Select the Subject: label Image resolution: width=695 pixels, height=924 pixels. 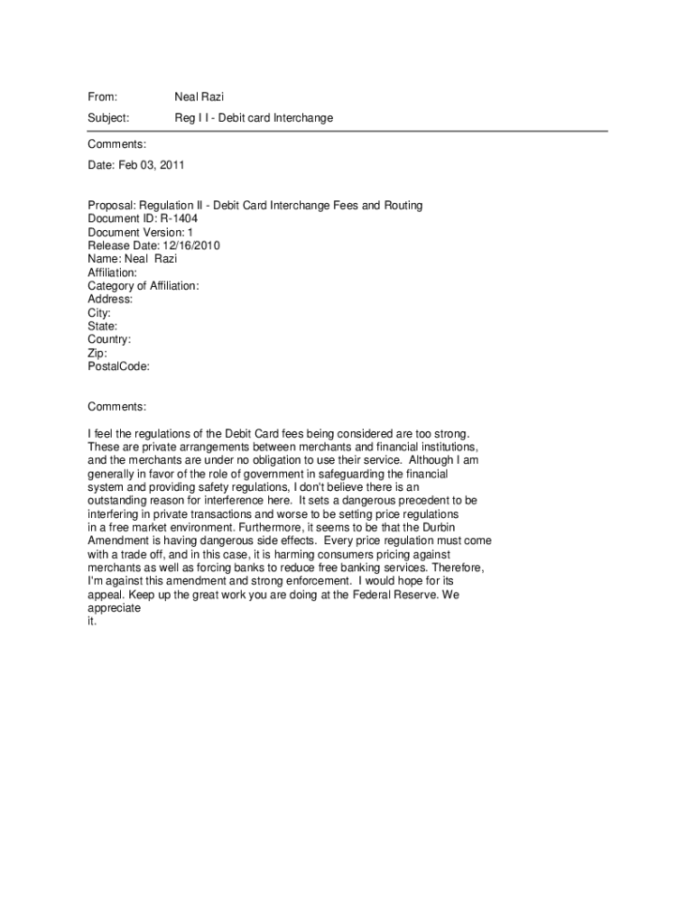(108, 118)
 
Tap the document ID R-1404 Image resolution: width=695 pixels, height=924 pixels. (179, 218)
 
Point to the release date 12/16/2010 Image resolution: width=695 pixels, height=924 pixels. (191, 245)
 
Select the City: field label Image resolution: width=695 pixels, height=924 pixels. (99, 313)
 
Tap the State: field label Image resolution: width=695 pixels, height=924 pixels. (102, 327)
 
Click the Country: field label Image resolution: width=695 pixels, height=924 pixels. (109, 340)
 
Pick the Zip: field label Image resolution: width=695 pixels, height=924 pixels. (97, 354)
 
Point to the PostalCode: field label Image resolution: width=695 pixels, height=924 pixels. (118, 367)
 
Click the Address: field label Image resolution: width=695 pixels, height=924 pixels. (110, 300)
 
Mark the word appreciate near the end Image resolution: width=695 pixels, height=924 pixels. (114, 608)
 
